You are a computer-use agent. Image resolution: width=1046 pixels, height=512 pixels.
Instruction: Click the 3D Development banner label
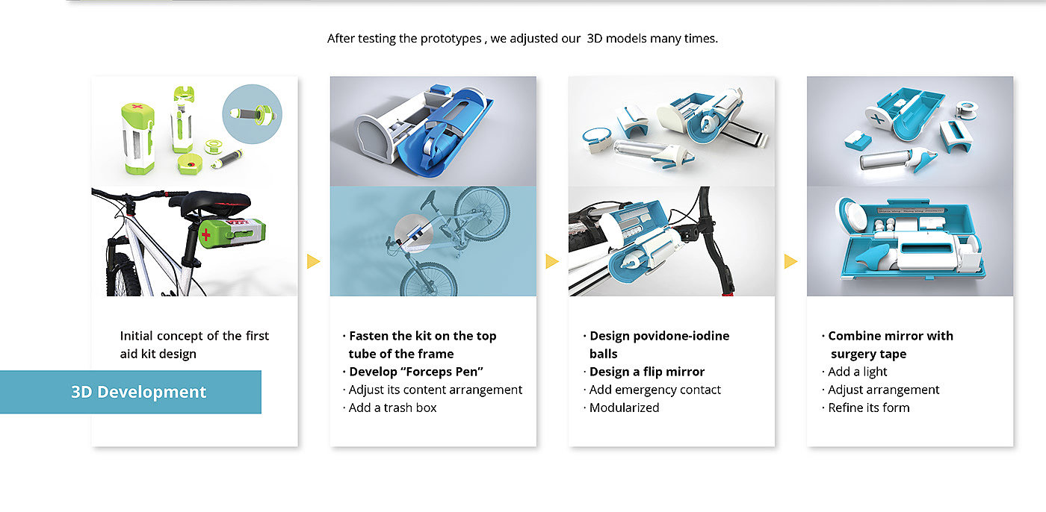point(139,392)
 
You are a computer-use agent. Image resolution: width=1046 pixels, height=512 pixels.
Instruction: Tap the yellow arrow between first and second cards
point(313,261)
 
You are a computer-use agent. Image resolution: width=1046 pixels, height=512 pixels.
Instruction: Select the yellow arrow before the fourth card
point(790,261)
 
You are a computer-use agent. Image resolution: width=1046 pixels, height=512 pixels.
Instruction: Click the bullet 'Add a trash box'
point(389,408)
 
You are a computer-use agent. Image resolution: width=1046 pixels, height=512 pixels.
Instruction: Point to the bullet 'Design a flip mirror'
point(644,372)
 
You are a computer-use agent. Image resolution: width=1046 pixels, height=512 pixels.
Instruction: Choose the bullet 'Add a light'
point(854,372)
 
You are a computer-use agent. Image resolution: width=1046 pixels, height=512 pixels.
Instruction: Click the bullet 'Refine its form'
point(865,408)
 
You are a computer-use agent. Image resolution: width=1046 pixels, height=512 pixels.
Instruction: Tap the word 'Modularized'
point(624,408)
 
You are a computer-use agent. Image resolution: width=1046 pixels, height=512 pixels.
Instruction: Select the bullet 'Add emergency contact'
point(652,390)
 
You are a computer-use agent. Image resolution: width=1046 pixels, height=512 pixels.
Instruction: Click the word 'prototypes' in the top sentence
point(451,38)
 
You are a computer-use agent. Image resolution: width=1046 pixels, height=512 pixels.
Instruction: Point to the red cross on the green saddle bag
point(206,234)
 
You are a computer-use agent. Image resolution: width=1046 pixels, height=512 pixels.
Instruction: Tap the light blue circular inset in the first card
point(253,114)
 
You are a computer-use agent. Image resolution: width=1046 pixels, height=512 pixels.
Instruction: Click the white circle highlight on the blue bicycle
point(414,234)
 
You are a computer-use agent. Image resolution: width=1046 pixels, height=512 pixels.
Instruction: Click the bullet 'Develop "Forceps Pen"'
point(412,372)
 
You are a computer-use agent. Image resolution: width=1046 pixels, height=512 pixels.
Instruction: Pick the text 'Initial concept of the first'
point(194,336)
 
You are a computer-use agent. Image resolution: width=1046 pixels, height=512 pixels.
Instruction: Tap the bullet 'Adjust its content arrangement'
point(433,390)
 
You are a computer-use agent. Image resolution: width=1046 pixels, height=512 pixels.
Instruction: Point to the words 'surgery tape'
point(868,354)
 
